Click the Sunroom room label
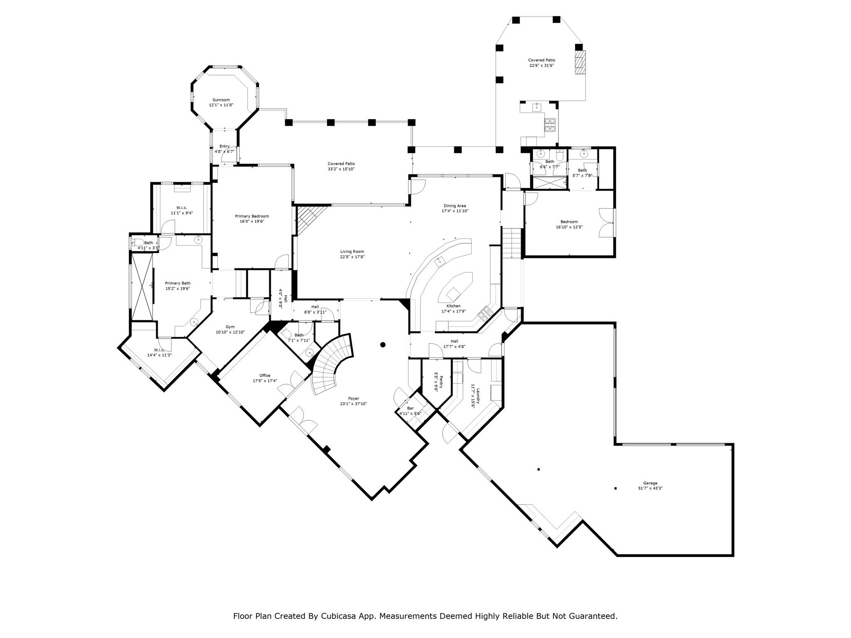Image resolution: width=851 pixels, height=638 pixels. point(221,100)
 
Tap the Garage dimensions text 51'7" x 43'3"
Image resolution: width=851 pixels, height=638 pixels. point(650,488)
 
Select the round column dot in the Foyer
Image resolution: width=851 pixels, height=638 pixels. point(383,344)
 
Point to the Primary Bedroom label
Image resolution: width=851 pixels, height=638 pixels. point(252,216)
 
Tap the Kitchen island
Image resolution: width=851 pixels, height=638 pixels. point(455,287)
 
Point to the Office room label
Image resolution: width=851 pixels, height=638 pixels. point(265,375)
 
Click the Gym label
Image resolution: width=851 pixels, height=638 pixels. point(230,327)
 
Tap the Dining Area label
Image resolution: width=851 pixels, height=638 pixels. point(455,206)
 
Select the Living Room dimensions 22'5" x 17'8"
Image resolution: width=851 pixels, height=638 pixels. point(352,257)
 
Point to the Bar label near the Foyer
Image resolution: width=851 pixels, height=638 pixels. point(410,408)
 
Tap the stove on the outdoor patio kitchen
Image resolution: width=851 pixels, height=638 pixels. point(550,125)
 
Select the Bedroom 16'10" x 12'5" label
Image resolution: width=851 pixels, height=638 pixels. point(569,222)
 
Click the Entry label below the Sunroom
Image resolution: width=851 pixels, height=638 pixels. point(224,146)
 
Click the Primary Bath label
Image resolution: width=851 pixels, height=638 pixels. point(177,283)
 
